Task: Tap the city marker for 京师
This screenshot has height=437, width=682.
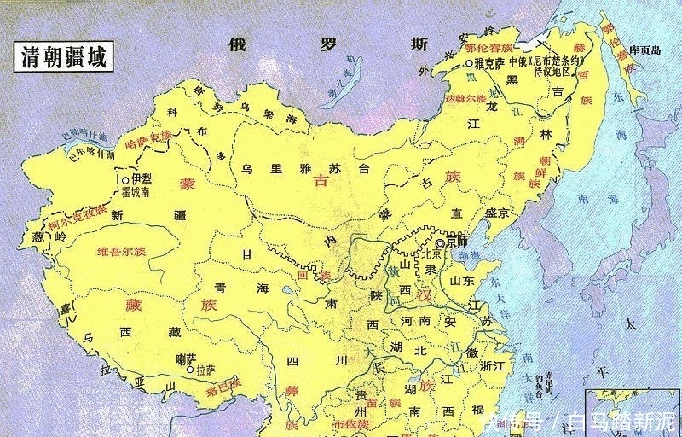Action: (x=441, y=242)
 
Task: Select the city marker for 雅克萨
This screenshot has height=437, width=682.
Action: (x=469, y=64)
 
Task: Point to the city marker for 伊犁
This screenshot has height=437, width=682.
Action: (x=125, y=180)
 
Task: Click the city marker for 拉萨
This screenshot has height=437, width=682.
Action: (x=190, y=370)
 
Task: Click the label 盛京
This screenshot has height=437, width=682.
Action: (x=496, y=213)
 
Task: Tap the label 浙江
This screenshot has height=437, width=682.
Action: (x=492, y=364)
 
